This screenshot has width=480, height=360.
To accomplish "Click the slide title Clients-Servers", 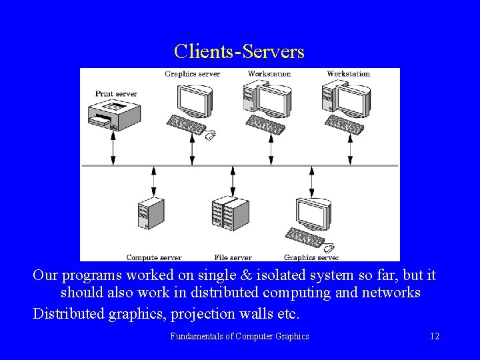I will pos(239,51).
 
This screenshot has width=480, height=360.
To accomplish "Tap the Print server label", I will pos(116,94).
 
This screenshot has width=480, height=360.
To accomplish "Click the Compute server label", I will pos(153,257).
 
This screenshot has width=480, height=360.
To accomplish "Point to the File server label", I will pos(233,257).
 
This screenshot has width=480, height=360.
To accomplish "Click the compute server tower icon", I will pos(151,214).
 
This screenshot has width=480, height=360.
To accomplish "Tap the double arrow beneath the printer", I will pos(113,147).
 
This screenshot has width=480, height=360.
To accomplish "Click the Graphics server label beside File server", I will pos(311,257).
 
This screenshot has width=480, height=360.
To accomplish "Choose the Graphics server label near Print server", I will pos(192,73).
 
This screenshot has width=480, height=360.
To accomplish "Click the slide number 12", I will pos(435,336).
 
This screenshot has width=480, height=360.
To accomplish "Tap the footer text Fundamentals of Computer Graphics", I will pos(239,336).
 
